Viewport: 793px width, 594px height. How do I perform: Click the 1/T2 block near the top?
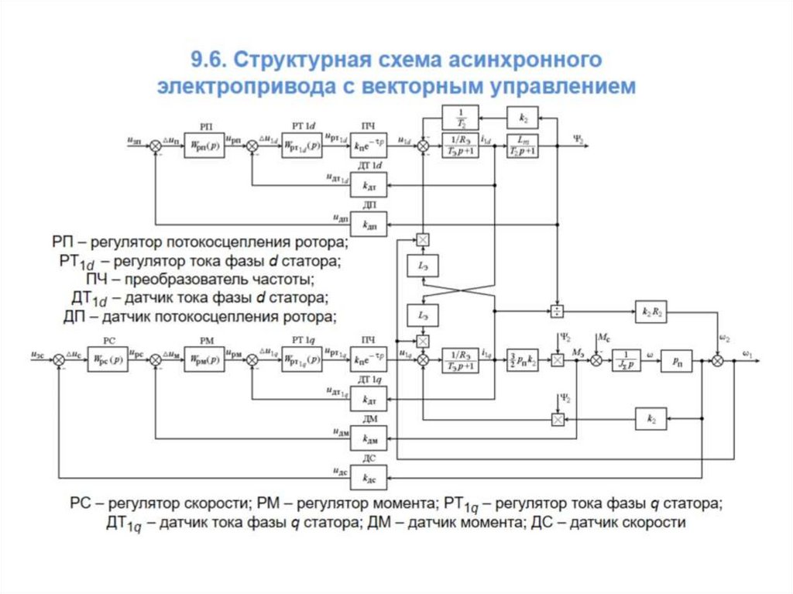pos(459,118)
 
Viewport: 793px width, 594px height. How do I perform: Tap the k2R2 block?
pos(652,311)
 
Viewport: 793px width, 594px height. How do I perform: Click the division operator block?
pos(557,311)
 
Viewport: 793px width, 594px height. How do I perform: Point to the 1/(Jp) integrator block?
pos(626,360)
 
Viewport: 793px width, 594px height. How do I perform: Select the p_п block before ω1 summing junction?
pos(676,360)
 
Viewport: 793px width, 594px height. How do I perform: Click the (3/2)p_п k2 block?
pos(524,360)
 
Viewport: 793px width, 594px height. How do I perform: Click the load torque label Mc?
pos(603,337)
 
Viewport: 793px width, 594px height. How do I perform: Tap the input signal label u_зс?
pos(38,354)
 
